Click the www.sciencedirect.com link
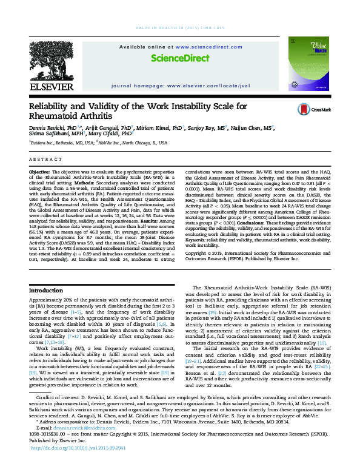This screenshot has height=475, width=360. (x=196, y=46)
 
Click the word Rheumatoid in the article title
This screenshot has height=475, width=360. (x=62, y=116)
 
